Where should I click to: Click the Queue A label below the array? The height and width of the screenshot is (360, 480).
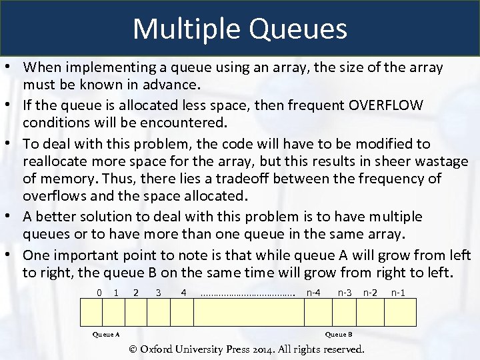[x=105, y=334]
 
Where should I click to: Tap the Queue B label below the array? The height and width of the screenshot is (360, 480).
[x=339, y=334]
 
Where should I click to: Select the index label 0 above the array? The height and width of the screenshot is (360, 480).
[x=99, y=292]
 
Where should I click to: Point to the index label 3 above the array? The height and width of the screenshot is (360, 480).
[x=158, y=292]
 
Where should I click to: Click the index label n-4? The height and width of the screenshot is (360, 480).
[x=313, y=292]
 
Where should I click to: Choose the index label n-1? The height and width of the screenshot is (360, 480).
[x=398, y=292]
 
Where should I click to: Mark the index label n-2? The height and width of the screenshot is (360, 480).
[x=371, y=292]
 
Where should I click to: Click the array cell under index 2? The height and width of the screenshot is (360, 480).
[x=136, y=312]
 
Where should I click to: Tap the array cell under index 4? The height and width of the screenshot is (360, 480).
[x=181, y=312]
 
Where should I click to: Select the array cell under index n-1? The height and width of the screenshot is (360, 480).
[x=398, y=312]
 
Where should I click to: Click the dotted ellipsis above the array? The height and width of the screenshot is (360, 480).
[x=247, y=293]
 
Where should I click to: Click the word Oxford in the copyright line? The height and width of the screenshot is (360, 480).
[x=158, y=349]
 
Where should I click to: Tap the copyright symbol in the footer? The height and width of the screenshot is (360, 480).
[x=133, y=349]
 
